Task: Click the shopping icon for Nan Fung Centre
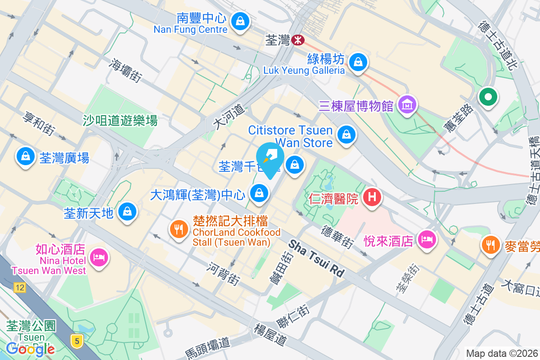[x=240, y=21]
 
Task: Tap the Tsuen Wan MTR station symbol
[x=297, y=40]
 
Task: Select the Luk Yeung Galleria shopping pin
[x=358, y=62]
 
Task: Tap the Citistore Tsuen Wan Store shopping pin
[x=346, y=135]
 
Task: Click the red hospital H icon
[x=372, y=198]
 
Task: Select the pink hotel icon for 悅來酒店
[x=426, y=239]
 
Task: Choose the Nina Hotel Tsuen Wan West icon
[x=98, y=258]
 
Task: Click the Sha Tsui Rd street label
[x=316, y=258]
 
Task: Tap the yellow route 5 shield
[x=77, y=341]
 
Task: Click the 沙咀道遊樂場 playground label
[x=120, y=121]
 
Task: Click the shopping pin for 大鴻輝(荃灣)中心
[x=259, y=194]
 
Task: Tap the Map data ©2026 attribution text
[x=502, y=353]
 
